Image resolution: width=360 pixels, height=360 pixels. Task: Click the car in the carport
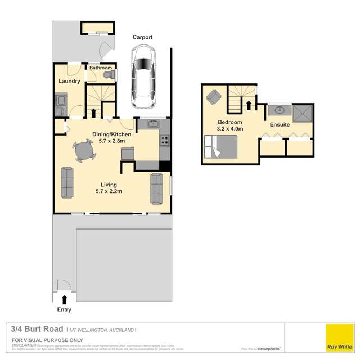(x=143, y=76)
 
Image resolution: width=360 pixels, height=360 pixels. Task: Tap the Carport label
(x=143, y=38)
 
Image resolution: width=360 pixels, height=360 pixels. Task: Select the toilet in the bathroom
(x=111, y=75)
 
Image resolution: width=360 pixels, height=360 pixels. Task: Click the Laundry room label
(x=69, y=82)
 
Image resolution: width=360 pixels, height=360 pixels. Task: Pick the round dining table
(x=84, y=151)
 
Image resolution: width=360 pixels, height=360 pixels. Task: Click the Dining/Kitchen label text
(x=111, y=134)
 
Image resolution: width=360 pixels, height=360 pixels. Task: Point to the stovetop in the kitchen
(x=165, y=140)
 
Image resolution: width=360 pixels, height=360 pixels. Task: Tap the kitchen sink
(x=151, y=124)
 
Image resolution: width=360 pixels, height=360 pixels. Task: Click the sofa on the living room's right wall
(x=156, y=188)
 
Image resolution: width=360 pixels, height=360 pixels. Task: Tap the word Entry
(x=64, y=310)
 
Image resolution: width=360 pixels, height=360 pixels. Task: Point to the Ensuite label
(x=280, y=124)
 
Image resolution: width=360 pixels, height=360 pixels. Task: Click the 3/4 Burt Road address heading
(x=37, y=329)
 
